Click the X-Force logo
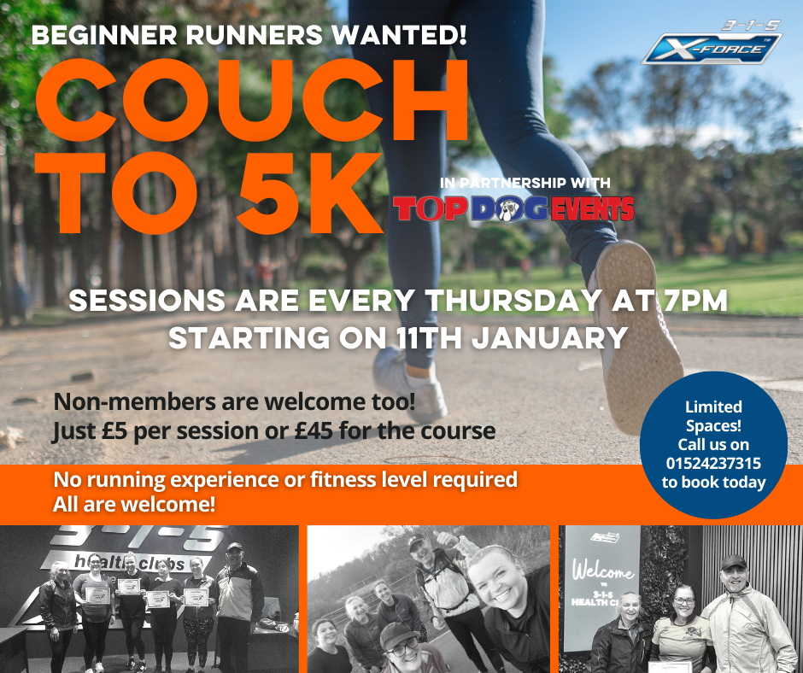click(712, 43)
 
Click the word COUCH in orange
click(252, 101)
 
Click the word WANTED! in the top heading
click(400, 35)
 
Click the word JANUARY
click(549, 338)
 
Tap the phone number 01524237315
click(713, 464)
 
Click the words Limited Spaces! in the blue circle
click(713, 416)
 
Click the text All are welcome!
click(134, 505)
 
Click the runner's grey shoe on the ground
click(410, 383)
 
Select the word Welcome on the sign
click(603, 570)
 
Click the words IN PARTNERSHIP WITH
click(525, 183)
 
